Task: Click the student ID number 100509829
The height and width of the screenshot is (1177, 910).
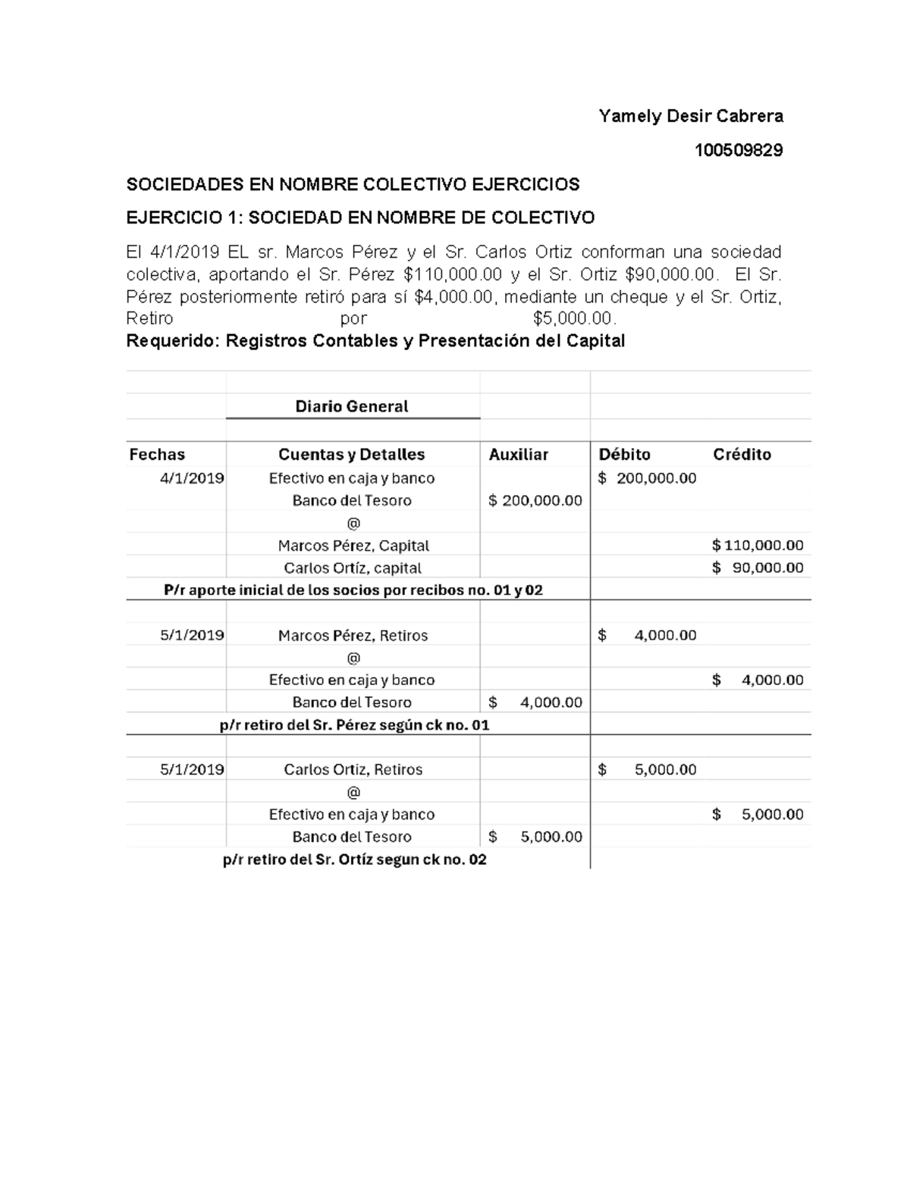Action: [739, 150]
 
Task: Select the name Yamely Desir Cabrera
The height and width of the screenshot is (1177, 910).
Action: [690, 116]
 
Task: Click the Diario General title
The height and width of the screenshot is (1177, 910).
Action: [352, 406]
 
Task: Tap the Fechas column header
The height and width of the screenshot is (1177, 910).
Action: [157, 454]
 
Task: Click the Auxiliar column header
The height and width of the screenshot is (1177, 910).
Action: [518, 454]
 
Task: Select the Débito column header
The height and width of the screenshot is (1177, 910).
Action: [624, 454]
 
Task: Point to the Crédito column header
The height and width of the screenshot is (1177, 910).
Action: [742, 454]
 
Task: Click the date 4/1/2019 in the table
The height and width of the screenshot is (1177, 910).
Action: [192, 478]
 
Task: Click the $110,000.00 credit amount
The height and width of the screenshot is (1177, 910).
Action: [758, 545]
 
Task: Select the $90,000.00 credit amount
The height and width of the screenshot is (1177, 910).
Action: [758, 568]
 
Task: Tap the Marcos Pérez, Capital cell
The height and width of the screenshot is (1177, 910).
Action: [353, 546]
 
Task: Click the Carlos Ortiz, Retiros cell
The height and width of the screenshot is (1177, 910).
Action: [353, 769]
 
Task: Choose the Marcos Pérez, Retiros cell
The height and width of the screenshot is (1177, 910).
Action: [353, 635]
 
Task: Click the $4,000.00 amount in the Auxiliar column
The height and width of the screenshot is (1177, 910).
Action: [536, 702]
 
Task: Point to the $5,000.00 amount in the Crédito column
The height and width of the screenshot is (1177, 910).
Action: [758, 814]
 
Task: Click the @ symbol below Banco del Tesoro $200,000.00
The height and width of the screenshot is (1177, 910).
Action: [353, 523]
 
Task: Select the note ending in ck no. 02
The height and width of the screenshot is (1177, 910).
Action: [354, 859]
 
